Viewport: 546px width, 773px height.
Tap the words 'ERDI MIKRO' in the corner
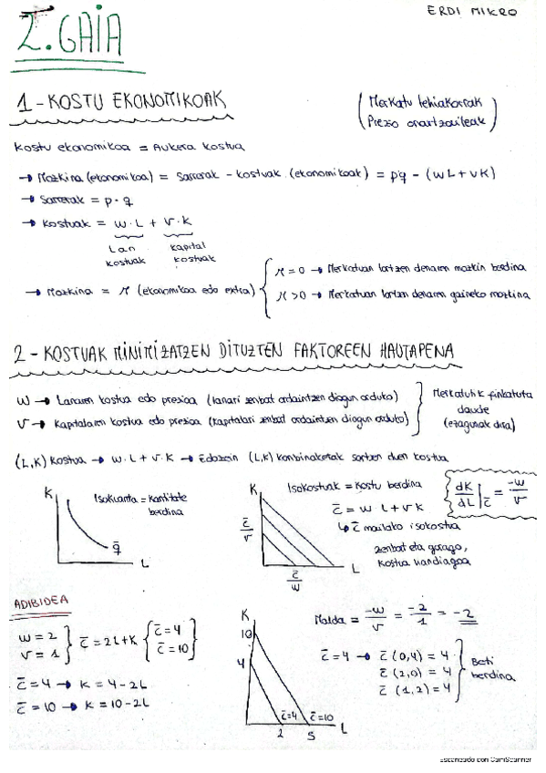coord(470,13)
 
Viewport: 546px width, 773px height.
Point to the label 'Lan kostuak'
coord(120,254)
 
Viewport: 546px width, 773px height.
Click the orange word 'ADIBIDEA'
coord(41,604)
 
